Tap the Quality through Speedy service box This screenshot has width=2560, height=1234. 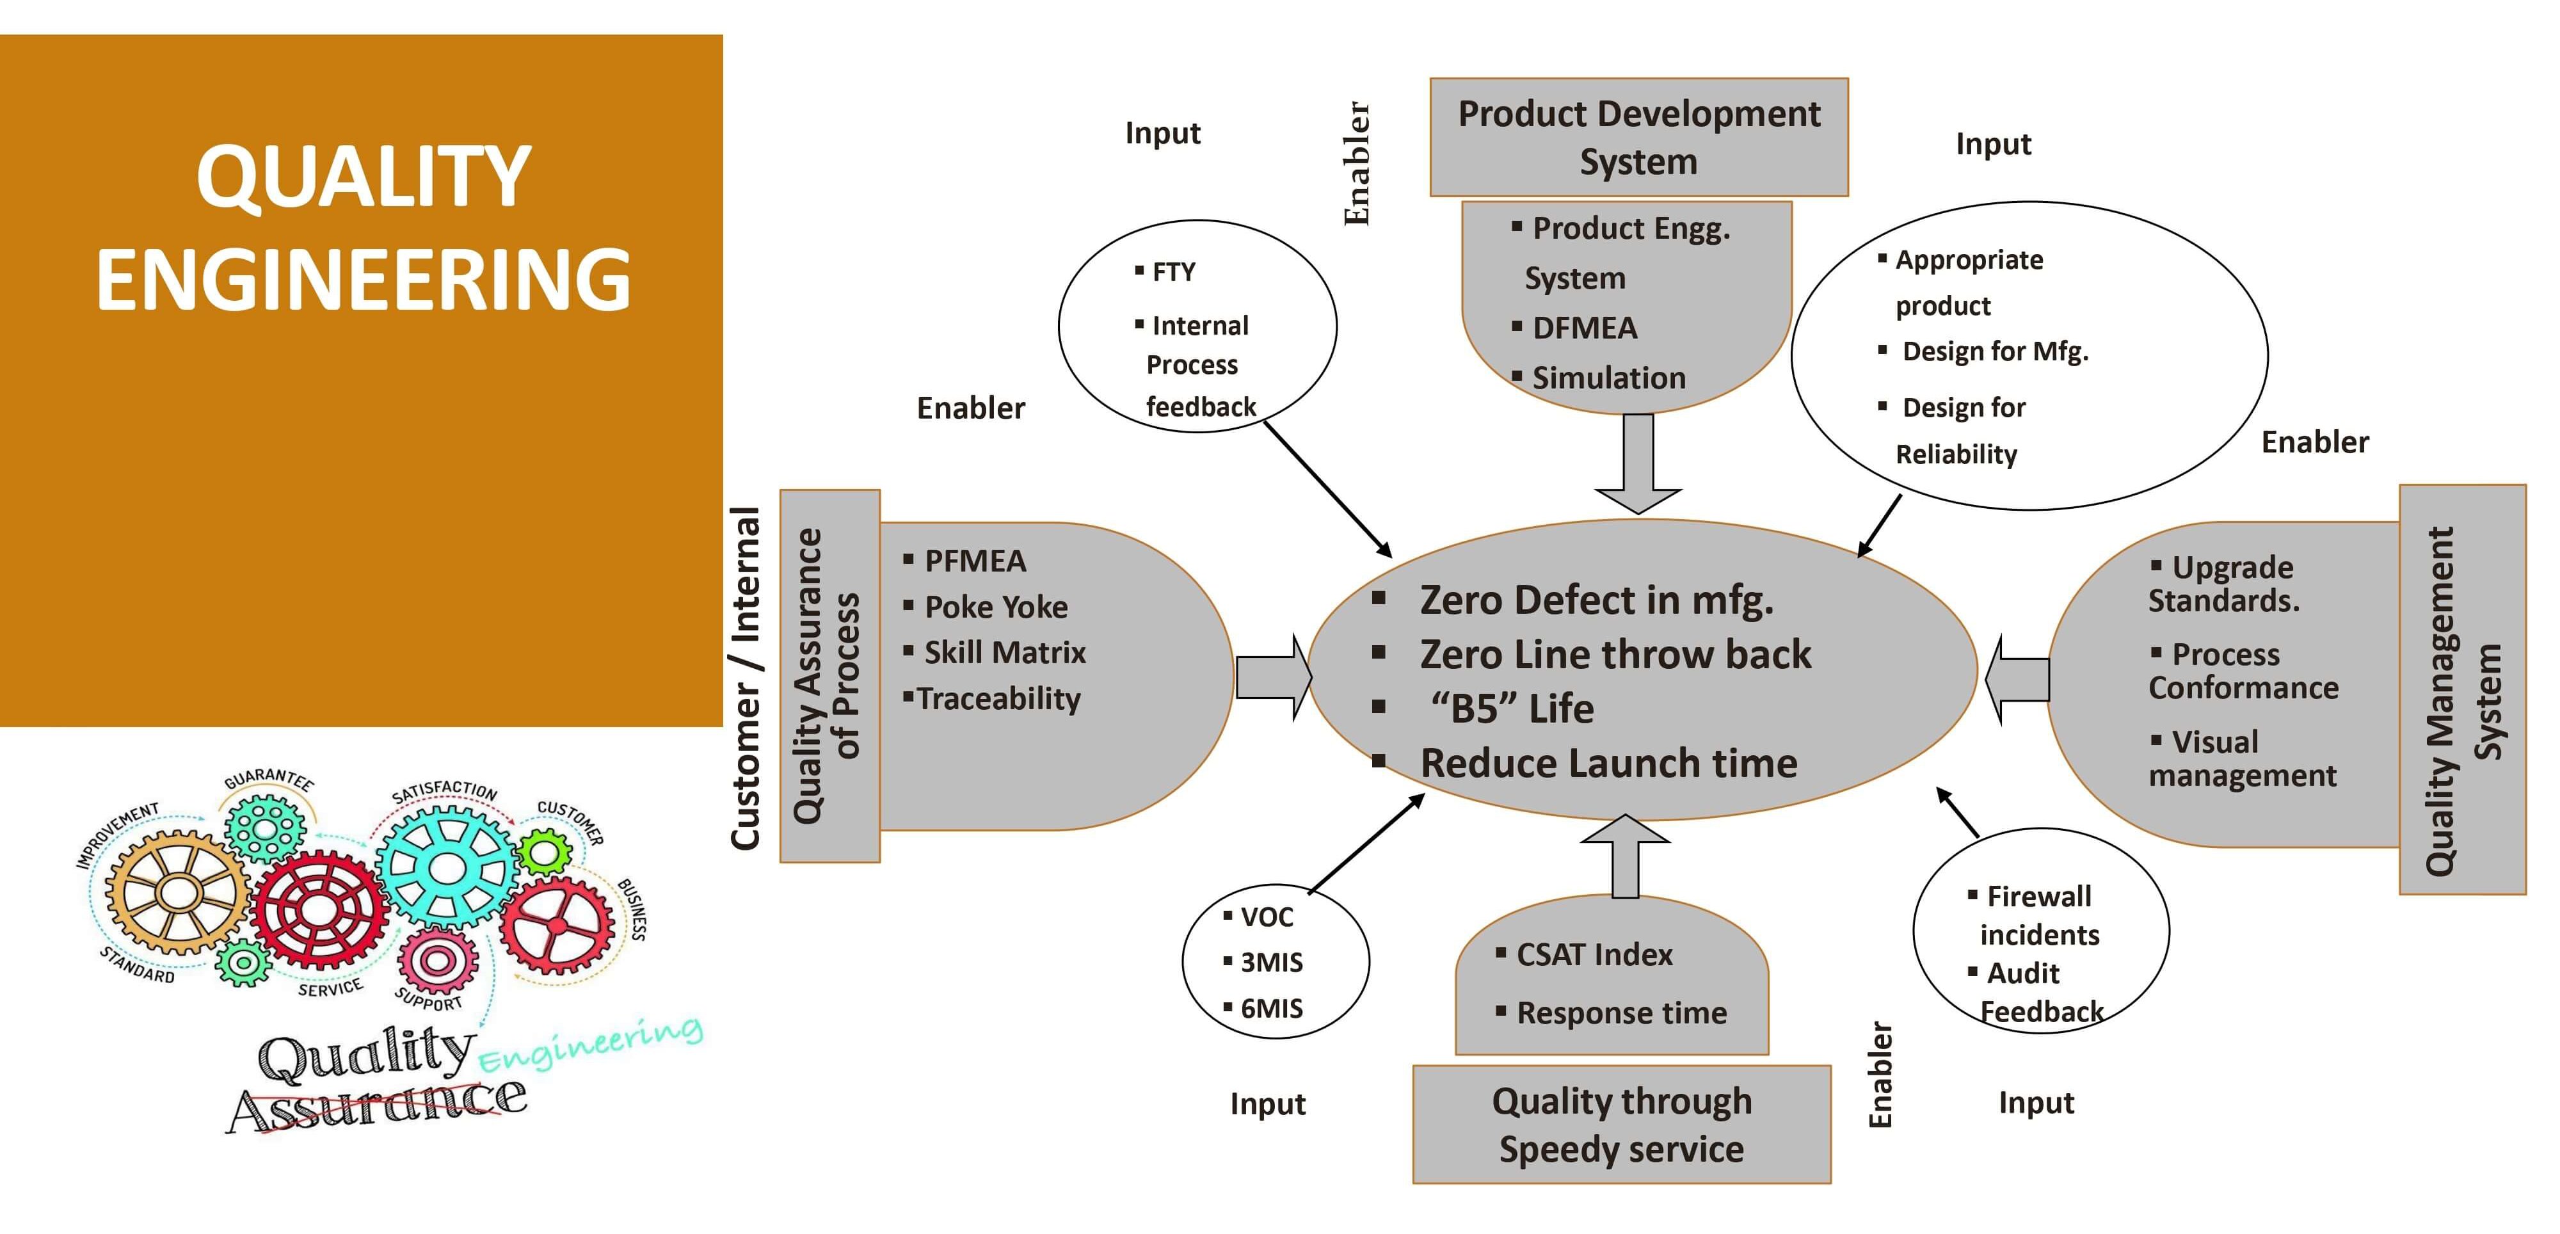point(1621,1124)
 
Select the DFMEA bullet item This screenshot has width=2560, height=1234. point(1584,328)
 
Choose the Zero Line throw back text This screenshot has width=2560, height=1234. point(1615,653)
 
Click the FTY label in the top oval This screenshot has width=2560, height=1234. point(1172,272)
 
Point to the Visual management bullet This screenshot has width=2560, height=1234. point(2242,758)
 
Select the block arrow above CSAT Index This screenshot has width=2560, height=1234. point(1625,854)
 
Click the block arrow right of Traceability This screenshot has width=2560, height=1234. point(1273,678)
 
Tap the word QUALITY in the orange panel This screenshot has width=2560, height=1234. point(363,177)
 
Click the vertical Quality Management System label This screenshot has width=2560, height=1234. point(2463,700)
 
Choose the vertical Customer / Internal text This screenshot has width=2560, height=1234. point(746,678)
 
